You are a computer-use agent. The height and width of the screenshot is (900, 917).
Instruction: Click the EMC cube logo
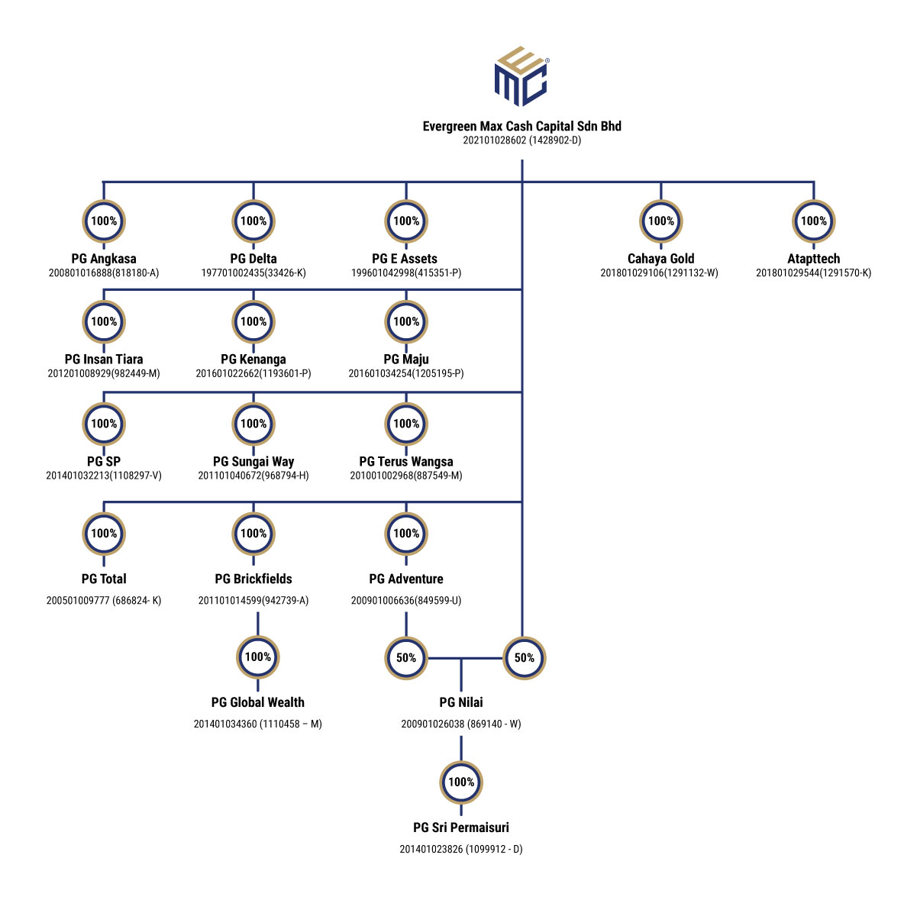pos(521,76)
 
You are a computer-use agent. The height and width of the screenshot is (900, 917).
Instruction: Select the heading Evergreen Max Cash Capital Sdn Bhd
pos(521,126)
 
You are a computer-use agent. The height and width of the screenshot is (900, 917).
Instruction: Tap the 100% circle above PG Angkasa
pos(104,221)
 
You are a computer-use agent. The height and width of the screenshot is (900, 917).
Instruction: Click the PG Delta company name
pos(253,259)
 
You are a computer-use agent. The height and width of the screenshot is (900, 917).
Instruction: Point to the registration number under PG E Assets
pos(406,273)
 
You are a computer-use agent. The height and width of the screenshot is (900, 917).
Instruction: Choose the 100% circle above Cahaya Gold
pos(661,221)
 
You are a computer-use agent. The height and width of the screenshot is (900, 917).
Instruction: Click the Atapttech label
pos(813,259)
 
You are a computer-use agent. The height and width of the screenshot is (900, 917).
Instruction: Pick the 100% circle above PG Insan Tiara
pos(104,322)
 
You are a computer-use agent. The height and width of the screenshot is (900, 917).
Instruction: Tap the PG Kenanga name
pos(253,360)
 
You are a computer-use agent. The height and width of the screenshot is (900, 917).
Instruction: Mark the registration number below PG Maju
pos(406,373)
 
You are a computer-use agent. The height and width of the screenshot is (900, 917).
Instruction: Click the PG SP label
pos(104,461)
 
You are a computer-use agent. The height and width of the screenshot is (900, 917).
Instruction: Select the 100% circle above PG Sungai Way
pos(253,424)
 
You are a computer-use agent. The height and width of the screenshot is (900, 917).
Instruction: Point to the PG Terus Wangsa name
pos(406,461)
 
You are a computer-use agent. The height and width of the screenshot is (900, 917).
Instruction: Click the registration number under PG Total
pos(104,601)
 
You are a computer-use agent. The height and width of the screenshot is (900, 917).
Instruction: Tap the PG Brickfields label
pos(253,579)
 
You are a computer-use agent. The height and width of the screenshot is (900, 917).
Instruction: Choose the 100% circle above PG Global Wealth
pos(258,657)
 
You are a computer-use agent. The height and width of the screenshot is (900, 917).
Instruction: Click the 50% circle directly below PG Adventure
pos(406,658)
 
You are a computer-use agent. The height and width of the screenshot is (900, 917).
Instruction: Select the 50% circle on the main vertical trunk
pos(525,658)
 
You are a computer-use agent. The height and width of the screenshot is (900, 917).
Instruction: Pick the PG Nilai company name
pos(461,702)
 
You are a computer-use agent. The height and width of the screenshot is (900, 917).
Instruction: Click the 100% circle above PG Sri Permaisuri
pos(461,782)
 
